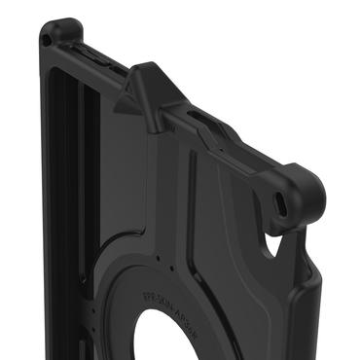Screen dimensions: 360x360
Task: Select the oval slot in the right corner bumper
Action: [282, 203]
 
